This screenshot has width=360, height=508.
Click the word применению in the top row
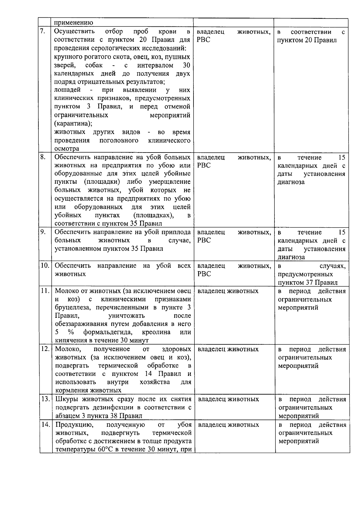pyautogui.click(x=73, y=23)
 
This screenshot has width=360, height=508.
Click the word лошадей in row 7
pyautogui.click(x=67, y=90)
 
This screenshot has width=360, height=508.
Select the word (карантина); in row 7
pyautogui.click(x=73, y=123)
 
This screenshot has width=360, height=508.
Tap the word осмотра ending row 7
pyautogui.click(x=67, y=149)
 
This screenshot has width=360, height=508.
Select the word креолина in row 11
pyautogui.click(x=156, y=332)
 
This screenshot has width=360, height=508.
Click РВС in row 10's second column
pyautogui.click(x=204, y=274)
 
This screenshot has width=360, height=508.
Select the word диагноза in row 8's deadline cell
pyautogui.click(x=291, y=182)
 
